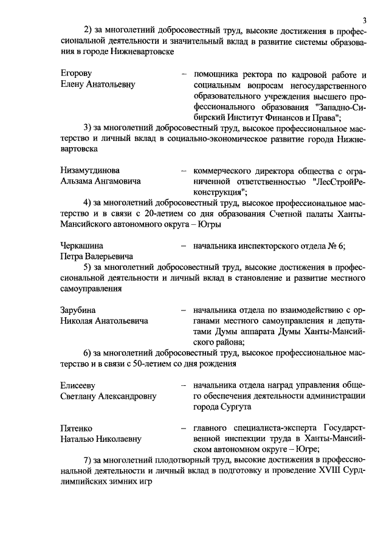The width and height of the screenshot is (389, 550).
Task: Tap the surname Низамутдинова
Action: pos(90,170)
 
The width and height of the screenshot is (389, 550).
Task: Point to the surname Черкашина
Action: pos(81,246)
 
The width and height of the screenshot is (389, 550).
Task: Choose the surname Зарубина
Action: pos(78,310)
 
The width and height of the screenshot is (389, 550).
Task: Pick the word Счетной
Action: pos(294,213)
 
